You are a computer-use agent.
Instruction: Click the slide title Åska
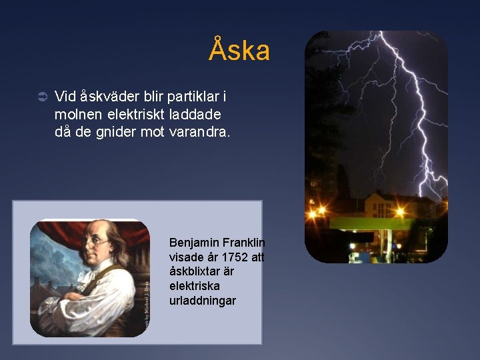click(x=239, y=51)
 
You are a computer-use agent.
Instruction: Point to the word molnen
click(x=79, y=115)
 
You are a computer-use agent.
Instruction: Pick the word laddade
click(x=198, y=115)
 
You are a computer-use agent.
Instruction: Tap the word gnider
click(x=117, y=132)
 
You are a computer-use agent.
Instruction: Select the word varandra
click(x=199, y=132)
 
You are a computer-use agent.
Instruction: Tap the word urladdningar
click(x=202, y=301)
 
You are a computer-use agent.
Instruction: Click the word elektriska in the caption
click(x=194, y=287)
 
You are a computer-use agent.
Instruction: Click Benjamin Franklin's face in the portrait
click(x=97, y=247)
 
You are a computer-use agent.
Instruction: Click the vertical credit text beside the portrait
click(x=145, y=303)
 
